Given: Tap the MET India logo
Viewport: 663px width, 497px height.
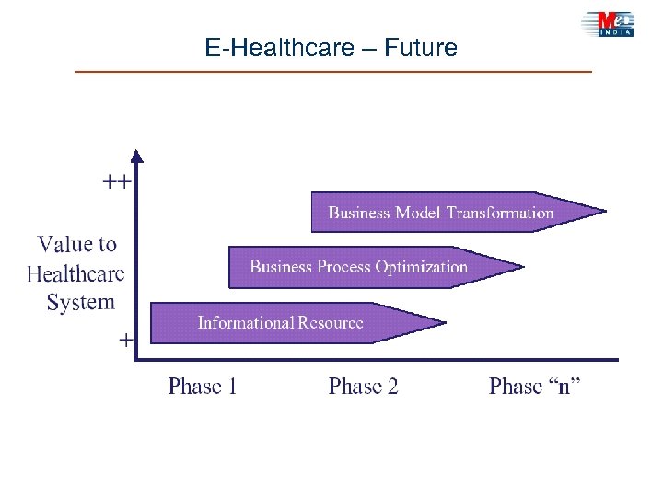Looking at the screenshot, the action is (x=608, y=23).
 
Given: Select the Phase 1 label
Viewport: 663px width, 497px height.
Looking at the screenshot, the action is (x=203, y=386).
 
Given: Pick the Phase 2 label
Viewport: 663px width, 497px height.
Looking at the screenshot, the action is (x=364, y=386).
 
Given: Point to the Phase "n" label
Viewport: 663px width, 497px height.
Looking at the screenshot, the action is (x=535, y=386).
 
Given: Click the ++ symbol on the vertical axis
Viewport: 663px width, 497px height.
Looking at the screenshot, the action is (x=115, y=181).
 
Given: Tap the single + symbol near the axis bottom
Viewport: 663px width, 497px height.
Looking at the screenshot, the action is (x=125, y=340).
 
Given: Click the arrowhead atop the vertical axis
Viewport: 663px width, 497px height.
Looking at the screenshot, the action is (x=136, y=156).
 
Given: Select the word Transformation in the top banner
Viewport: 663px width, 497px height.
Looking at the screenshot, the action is (x=500, y=213).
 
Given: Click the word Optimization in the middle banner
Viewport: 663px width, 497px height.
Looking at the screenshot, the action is (x=421, y=267).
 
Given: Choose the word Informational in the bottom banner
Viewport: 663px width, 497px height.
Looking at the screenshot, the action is (x=245, y=322).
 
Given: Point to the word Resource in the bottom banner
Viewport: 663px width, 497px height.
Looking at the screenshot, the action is (x=331, y=322).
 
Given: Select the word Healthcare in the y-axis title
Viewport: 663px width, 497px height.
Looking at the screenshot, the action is (x=76, y=273).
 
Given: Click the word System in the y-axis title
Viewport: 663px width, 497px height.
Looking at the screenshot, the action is (x=81, y=302).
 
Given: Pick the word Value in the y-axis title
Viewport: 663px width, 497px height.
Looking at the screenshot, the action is (x=64, y=244).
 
